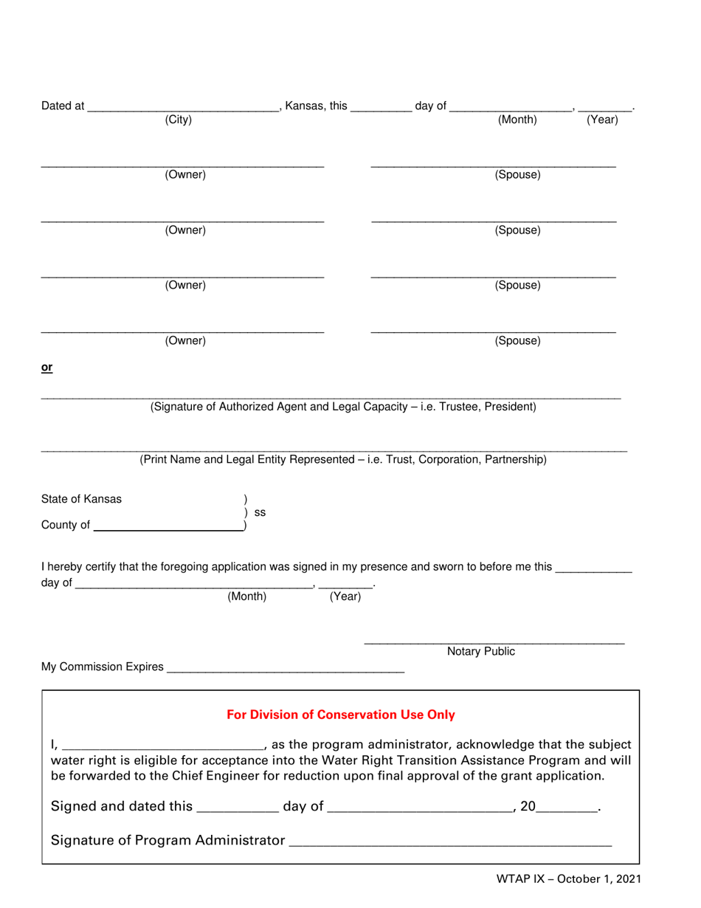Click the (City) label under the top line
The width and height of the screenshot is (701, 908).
(x=178, y=120)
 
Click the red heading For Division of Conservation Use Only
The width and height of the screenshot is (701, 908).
(x=341, y=715)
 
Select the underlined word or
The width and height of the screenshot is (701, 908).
(x=46, y=367)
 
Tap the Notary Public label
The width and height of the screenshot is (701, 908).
(x=481, y=651)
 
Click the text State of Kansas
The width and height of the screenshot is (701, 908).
(x=82, y=499)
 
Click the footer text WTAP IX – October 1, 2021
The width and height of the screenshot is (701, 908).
(x=567, y=879)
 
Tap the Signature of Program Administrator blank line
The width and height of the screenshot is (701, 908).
(x=450, y=842)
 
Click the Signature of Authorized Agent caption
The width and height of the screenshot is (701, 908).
(x=343, y=407)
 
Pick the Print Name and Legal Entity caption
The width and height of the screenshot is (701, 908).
(x=343, y=460)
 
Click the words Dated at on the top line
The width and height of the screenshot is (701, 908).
(x=63, y=106)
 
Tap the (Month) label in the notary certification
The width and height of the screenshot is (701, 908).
(x=246, y=596)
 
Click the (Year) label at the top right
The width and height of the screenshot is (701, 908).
(x=602, y=120)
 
